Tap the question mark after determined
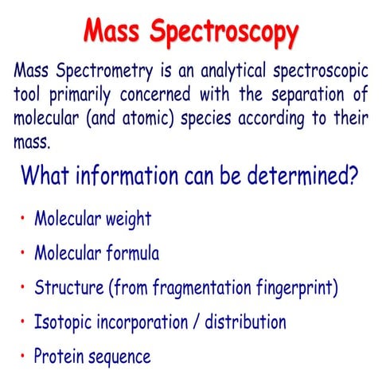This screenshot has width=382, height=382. pyautogui.click(x=351, y=173)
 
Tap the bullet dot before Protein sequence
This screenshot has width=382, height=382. pyautogui.click(x=23, y=357)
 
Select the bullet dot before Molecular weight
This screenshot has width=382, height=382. pyautogui.click(x=23, y=219)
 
